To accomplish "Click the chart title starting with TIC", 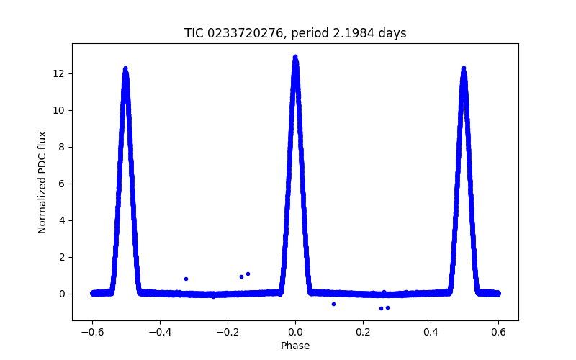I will (294, 33).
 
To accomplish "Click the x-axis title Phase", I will (295, 346).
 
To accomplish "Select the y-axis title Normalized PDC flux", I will (42, 181).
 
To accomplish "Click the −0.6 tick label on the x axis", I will (92, 332).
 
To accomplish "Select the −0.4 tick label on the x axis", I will (160, 332).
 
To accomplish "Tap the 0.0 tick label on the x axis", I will (295, 332).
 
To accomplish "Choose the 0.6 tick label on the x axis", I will (498, 332).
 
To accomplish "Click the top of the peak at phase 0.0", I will (295, 56).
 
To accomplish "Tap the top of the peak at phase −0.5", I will (125, 68).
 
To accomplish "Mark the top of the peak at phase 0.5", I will (464, 68).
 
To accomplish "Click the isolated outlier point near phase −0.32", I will (186, 279).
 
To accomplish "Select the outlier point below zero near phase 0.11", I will (333, 304).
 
